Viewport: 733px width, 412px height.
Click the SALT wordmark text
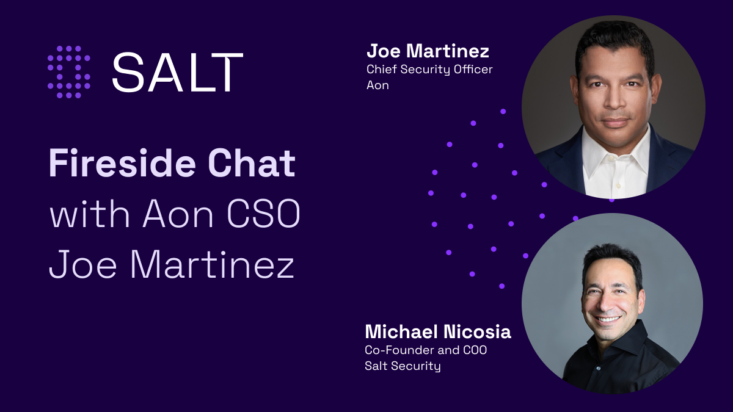tap(177, 72)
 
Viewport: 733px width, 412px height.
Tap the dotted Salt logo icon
tap(69, 72)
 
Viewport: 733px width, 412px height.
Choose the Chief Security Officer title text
tap(429, 70)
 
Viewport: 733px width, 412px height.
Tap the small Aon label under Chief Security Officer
tap(377, 85)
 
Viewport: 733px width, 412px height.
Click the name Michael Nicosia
tap(437, 332)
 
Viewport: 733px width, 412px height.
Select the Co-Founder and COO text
tap(426, 351)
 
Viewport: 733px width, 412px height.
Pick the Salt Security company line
tap(403, 366)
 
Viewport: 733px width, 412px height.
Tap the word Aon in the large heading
tap(178, 215)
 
